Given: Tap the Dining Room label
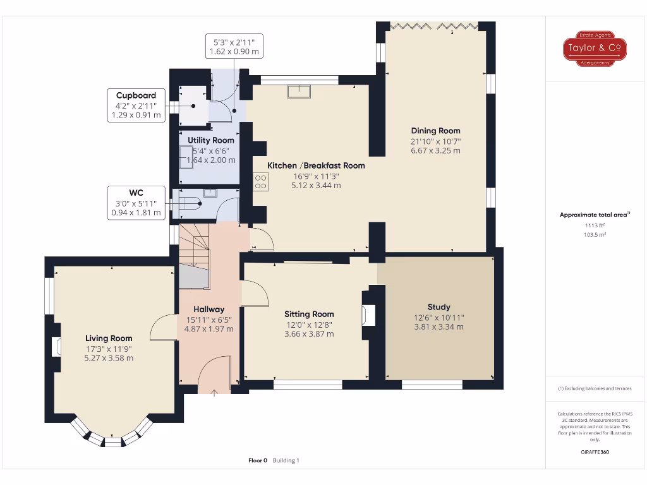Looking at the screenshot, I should [435, 131].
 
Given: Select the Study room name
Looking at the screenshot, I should [438, 307].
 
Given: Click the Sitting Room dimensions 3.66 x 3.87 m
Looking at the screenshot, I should [309, 333].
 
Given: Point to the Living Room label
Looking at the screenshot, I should [109, 338].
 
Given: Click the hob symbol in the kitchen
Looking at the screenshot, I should [260, 183].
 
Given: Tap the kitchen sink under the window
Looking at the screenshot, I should [299, 92].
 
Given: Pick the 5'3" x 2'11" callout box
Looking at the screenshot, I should [234, 46].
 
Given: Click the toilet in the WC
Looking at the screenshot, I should [190, 203].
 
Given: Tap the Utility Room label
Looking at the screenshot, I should [210, 140].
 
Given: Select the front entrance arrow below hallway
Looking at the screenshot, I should [214, 393].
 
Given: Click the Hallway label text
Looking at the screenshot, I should [209, 309].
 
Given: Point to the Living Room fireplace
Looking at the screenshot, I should [57, 347].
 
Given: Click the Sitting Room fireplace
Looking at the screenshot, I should [368, 314].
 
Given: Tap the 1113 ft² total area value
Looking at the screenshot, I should [595, 225].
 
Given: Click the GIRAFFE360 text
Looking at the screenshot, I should [595, 452].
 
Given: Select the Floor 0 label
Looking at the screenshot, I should [258, 460].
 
